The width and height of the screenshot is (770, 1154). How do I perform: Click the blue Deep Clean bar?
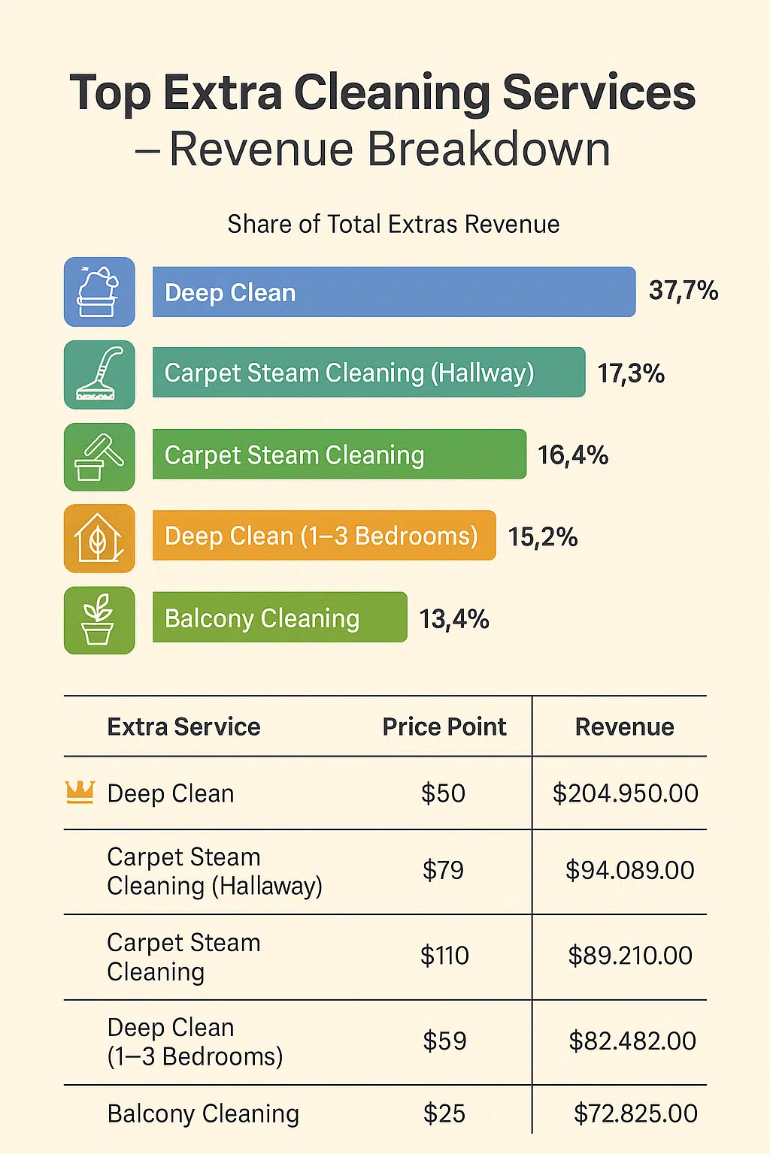[393, 292]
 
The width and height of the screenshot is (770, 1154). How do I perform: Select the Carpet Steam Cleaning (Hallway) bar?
[368, 373]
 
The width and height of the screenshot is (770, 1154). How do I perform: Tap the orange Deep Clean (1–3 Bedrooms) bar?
[324, 536]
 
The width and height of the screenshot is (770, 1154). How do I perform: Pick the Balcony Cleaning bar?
[280, 618]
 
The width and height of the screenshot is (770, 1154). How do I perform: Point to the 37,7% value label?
[684, 291]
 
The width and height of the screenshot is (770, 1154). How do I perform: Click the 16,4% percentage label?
[573, 455]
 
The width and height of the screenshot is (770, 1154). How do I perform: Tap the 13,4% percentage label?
[454, 619]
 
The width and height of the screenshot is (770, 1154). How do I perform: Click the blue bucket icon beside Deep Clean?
[99, 292]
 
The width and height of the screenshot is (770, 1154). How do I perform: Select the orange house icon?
[99, 538]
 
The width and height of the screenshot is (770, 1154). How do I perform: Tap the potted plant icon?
[99, 620]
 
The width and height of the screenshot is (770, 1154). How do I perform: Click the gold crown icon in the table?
[80, 792]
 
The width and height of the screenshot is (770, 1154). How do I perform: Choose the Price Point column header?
[444, 727]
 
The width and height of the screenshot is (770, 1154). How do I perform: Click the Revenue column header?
[624, 727]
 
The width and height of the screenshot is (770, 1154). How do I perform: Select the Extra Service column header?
[183, 727]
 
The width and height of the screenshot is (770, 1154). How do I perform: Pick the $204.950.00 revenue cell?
[626, 793]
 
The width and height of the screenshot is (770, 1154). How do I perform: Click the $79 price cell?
[443, 870]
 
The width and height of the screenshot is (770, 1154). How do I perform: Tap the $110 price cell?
[444, 956]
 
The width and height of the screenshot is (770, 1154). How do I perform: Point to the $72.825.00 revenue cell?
[635, 1113]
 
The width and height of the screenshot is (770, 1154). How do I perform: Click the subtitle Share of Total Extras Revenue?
[393, 224]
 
